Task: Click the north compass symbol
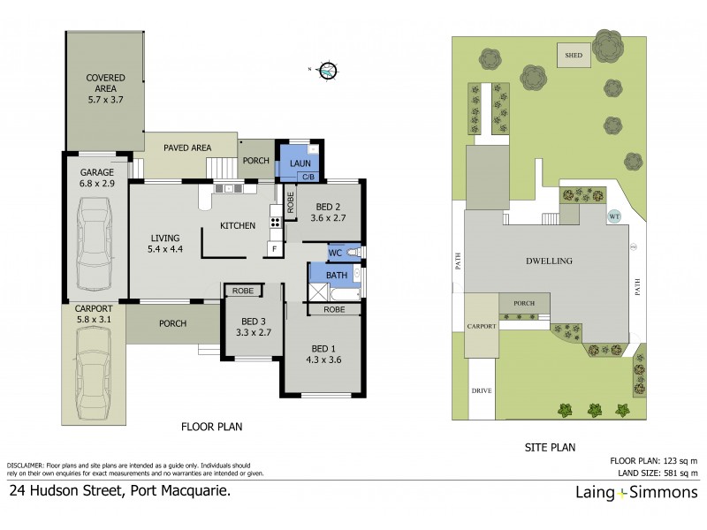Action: coord(328,69)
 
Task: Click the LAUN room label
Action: coord(298,163)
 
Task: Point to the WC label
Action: coord(335,254)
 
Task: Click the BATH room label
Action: coord(337,276)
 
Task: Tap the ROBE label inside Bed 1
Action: coord(334,310)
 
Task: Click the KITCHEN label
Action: coord(239,226)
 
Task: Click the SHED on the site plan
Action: coord(574,57)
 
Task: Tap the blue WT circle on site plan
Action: coord(614,215)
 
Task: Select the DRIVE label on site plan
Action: coord(483,390)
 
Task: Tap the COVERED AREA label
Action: coord(105,83)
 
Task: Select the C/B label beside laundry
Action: coord(308,178)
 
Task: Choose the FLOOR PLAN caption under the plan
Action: coord(211,426)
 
